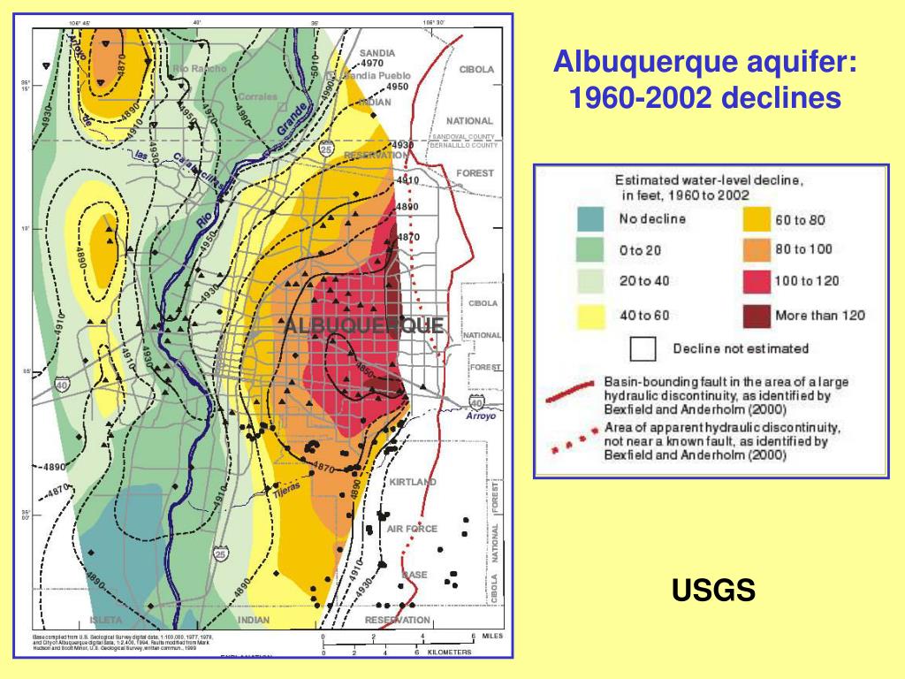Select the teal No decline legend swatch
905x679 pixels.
click(x=591, y=218)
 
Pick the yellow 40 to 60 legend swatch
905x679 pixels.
click(x=591, y=314)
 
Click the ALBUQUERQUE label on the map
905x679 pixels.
click(x=364, y=326)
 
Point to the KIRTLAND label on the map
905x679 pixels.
click(x=412, y=482)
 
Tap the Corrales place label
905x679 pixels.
click(x=257, y=96)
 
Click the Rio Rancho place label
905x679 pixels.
click(x=200, y=68)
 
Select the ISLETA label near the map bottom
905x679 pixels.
click(x=107, y=620)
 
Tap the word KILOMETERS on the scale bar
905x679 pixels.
click(x=449, y=652)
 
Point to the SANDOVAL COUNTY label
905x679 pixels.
click(x=463, y=137)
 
